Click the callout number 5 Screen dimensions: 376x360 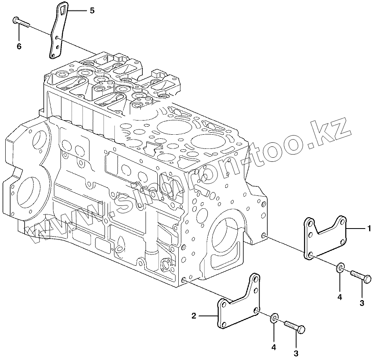(92, 11)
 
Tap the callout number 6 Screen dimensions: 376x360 (19, 46)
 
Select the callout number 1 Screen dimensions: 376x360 (369, 229)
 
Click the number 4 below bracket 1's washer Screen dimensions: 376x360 (340, 297)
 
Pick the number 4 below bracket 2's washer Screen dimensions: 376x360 (274, 347)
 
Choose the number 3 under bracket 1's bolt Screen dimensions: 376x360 (362, 303)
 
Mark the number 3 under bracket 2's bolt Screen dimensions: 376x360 (296, 353)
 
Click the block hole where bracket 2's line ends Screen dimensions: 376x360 (184, 280)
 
